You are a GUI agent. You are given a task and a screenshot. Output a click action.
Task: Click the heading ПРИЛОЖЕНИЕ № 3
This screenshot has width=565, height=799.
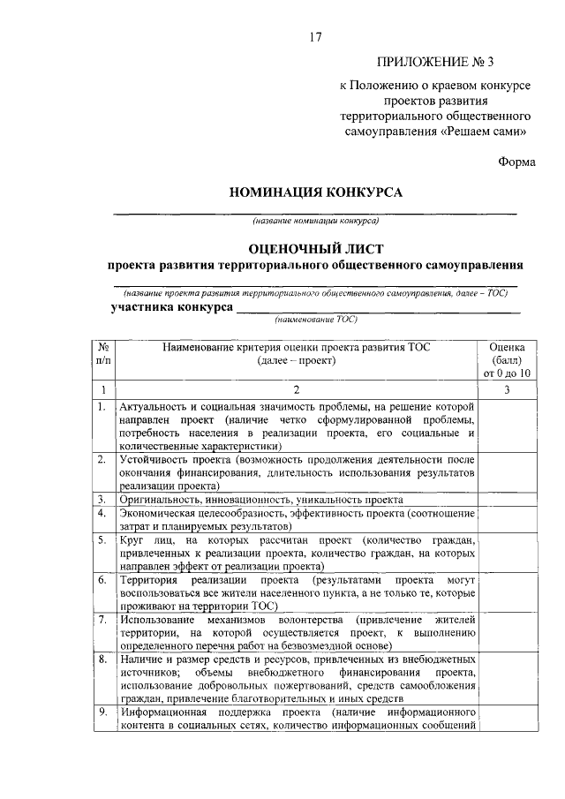[x=436, y=62]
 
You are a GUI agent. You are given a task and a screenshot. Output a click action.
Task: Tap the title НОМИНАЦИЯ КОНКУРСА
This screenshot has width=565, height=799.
[x=315, y=192]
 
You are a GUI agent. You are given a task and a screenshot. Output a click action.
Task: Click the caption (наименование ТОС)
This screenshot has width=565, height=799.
[x=315, y=320]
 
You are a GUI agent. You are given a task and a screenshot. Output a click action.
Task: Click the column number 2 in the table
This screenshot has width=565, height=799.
[x=297, y=389]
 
